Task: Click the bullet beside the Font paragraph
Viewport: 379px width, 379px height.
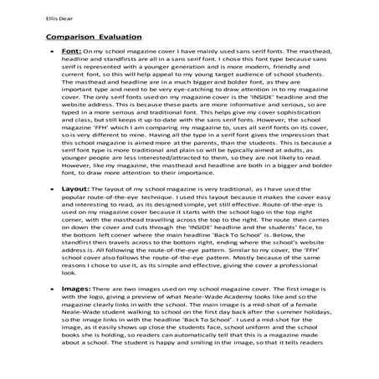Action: tap(51, 53)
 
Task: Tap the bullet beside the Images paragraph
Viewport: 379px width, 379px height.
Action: tap(51, 312)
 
